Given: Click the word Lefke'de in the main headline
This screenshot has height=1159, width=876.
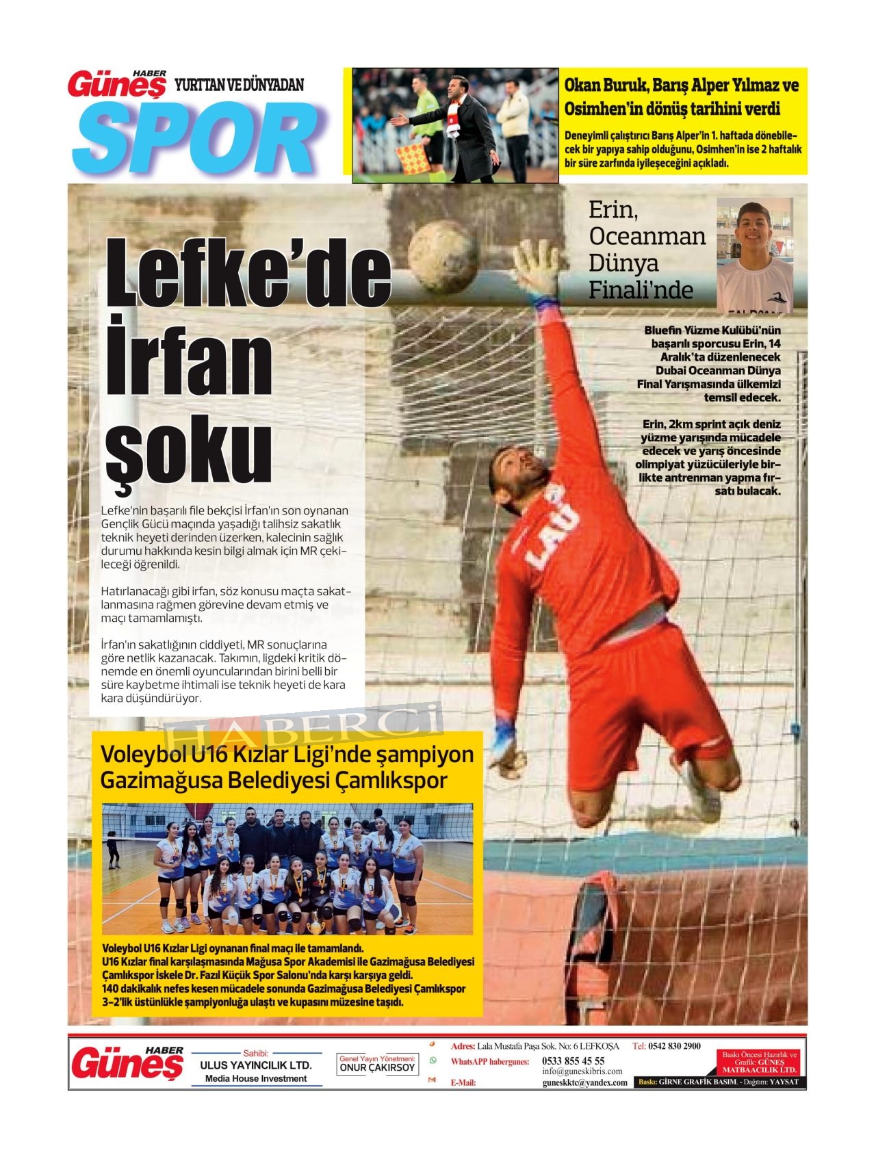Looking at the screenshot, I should [248, 274].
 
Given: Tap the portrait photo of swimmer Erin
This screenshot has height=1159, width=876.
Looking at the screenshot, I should [754, 255].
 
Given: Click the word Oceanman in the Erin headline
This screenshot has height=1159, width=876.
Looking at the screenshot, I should [647, 236].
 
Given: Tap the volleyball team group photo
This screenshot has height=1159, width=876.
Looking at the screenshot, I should [287, 868].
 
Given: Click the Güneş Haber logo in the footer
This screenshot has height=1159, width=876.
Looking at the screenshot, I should [127, 1063].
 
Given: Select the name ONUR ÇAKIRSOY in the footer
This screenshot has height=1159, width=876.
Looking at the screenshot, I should [377, 1067].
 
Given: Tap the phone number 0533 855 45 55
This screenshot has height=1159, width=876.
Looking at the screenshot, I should [573, 1060].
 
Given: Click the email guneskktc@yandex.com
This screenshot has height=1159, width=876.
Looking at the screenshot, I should [584, 1082].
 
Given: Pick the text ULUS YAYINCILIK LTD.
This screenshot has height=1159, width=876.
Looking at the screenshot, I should [255, 1065].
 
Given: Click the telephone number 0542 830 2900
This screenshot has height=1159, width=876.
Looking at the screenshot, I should [674, 1046].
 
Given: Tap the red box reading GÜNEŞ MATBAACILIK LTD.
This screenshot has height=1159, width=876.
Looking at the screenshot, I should [760, 1063].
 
